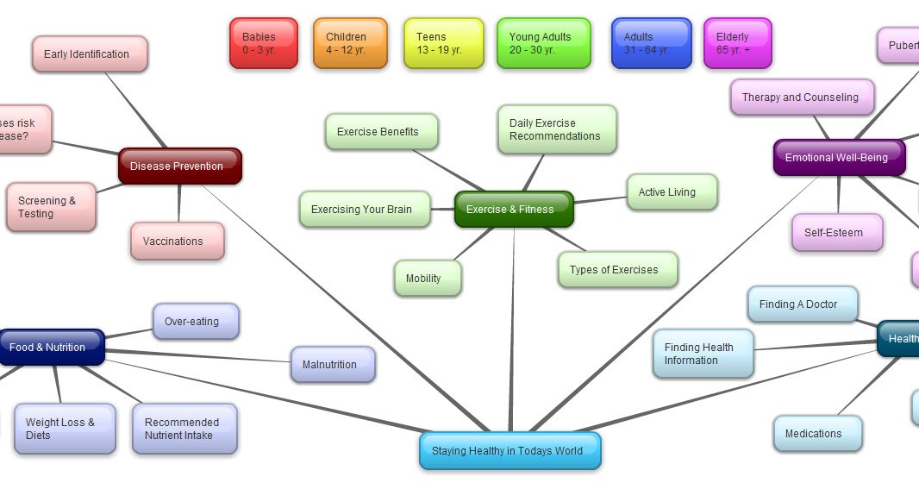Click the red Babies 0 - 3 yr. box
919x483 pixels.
pyautogui.click(x=263, y=43)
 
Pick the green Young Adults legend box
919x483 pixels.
pyautogui.click(x=543, y=43)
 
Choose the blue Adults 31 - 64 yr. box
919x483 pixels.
pyautogui.click(x=651, y=43)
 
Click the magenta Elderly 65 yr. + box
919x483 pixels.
pyautogui.click(x=737, y=43)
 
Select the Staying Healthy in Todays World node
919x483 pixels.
pyautogui.click(x=510, y=451)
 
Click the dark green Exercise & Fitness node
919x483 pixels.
pyautogui.click(x=514, y=210)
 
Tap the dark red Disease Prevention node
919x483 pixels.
pyautogui.click(x=179, y=166)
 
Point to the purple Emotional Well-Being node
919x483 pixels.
pyautogui.click(x=839, y=158)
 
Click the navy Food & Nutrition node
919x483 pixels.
pyautogui.click(x=50, y=348)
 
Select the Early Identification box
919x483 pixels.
pyautogui.click(x=90, y=54)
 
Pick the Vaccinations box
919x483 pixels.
pyautogui.click(x=177, y=241)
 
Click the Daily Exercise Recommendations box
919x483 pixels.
pyautogui.click(x=557, y=130)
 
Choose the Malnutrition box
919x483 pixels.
pyautogui.click(x=332, y=365)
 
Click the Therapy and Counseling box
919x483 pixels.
pyautogui.click(x=802, y=97)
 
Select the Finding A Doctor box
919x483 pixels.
pyautogui.click(x=803, y=304)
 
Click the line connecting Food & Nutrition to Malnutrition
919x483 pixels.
pyautogui.click(x=198, y=354)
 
